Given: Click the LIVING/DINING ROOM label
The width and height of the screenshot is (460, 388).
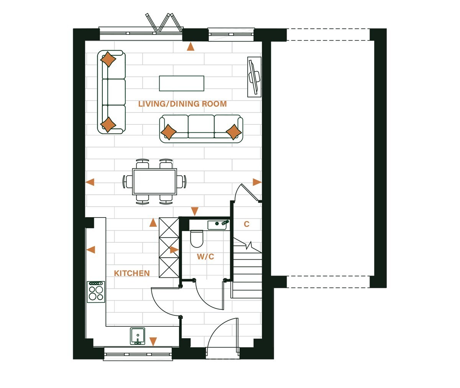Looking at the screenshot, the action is coord(182,104).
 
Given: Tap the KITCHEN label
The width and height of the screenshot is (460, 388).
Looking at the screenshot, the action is coord(132,273).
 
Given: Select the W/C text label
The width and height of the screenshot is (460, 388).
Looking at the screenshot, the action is coord(205,256).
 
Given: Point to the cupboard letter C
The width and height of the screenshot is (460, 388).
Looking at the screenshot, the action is coord(246,224).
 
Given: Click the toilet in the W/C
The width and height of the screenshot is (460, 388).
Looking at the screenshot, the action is coord(197,239).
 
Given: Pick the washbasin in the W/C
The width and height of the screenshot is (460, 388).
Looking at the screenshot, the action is coord(218,225).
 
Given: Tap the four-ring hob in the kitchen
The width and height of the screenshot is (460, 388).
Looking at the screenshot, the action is coord(96,292).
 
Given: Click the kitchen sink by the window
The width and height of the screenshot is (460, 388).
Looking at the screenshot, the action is coord(138,336).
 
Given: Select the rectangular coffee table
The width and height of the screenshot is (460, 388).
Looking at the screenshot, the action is coord(182,83).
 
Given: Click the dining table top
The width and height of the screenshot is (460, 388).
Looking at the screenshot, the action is coord(154,182).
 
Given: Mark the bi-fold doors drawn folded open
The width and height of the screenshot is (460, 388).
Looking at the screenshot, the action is coord(164,23).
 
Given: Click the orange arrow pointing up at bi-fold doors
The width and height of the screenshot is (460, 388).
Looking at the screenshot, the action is coord(191,47).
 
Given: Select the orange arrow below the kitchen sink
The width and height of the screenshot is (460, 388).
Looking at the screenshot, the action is coord(153,342).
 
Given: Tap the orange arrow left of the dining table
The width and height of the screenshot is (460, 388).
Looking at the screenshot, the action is coord(90,182).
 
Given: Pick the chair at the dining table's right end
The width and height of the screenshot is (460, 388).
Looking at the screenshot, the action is coord(182,182).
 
